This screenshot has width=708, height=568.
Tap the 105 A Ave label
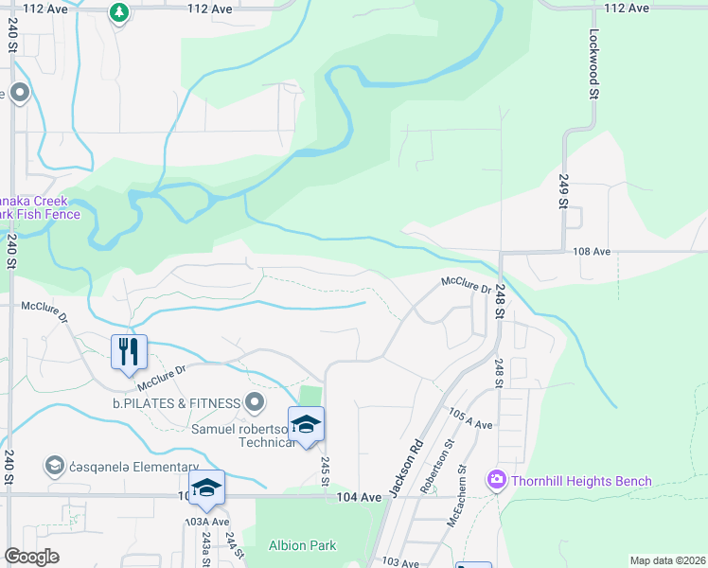coord(470,419)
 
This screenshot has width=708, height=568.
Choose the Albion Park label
coord(303,545)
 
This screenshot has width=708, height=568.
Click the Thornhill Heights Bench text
coord(581,481)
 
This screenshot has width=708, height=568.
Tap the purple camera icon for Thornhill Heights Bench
coord(496,481)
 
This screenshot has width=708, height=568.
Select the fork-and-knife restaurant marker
coord(129,351)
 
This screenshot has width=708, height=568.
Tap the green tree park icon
coord(118,12)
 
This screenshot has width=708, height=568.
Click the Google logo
coord(32,557)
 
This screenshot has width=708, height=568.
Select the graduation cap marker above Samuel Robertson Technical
coord(306,424)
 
